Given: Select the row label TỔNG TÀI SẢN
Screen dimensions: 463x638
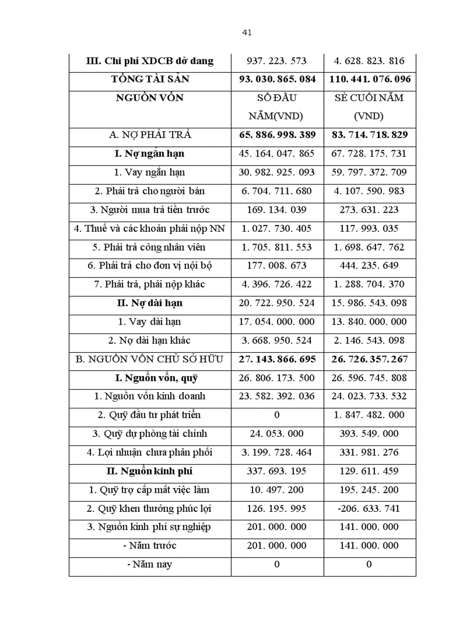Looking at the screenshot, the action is (x=150, y=79).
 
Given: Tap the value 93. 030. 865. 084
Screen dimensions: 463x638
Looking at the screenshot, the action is (x=277, y=79).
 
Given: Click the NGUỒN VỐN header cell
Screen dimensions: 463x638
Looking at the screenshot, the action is (x=150, y=98).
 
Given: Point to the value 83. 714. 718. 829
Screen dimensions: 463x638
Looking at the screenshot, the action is (x=369, y=135).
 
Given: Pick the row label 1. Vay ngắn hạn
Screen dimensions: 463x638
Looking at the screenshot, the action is (x=150, y=172).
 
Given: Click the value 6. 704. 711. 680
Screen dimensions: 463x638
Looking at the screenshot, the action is (x=277, y=191).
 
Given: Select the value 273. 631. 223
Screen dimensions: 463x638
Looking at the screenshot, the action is (x=369, y=210).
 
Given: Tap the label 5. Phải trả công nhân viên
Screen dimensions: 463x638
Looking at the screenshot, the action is (x=150, y=247).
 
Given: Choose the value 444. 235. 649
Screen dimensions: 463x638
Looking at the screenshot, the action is (x=369, y=265).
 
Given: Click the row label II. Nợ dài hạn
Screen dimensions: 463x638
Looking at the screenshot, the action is (x=150, y=303).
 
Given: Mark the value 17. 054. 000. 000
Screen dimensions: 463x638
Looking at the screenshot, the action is (x=277, y=322).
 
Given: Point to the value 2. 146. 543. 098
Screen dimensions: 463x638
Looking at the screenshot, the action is (x=369, y=340).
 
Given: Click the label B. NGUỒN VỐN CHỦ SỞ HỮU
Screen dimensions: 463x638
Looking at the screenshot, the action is (x=150, y=359).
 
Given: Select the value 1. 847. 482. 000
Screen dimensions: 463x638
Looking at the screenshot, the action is (x=369, y=415).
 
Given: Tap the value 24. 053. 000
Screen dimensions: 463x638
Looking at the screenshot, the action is (x=277, y=433).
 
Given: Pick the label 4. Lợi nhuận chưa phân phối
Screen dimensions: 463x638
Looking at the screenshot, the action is (x=150, y=452).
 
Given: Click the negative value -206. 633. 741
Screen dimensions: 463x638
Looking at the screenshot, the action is (x=369, y=508).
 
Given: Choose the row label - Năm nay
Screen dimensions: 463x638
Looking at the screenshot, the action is (x=150, y=564).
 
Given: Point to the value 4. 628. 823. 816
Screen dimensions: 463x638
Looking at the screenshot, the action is (x=369, y=61).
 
